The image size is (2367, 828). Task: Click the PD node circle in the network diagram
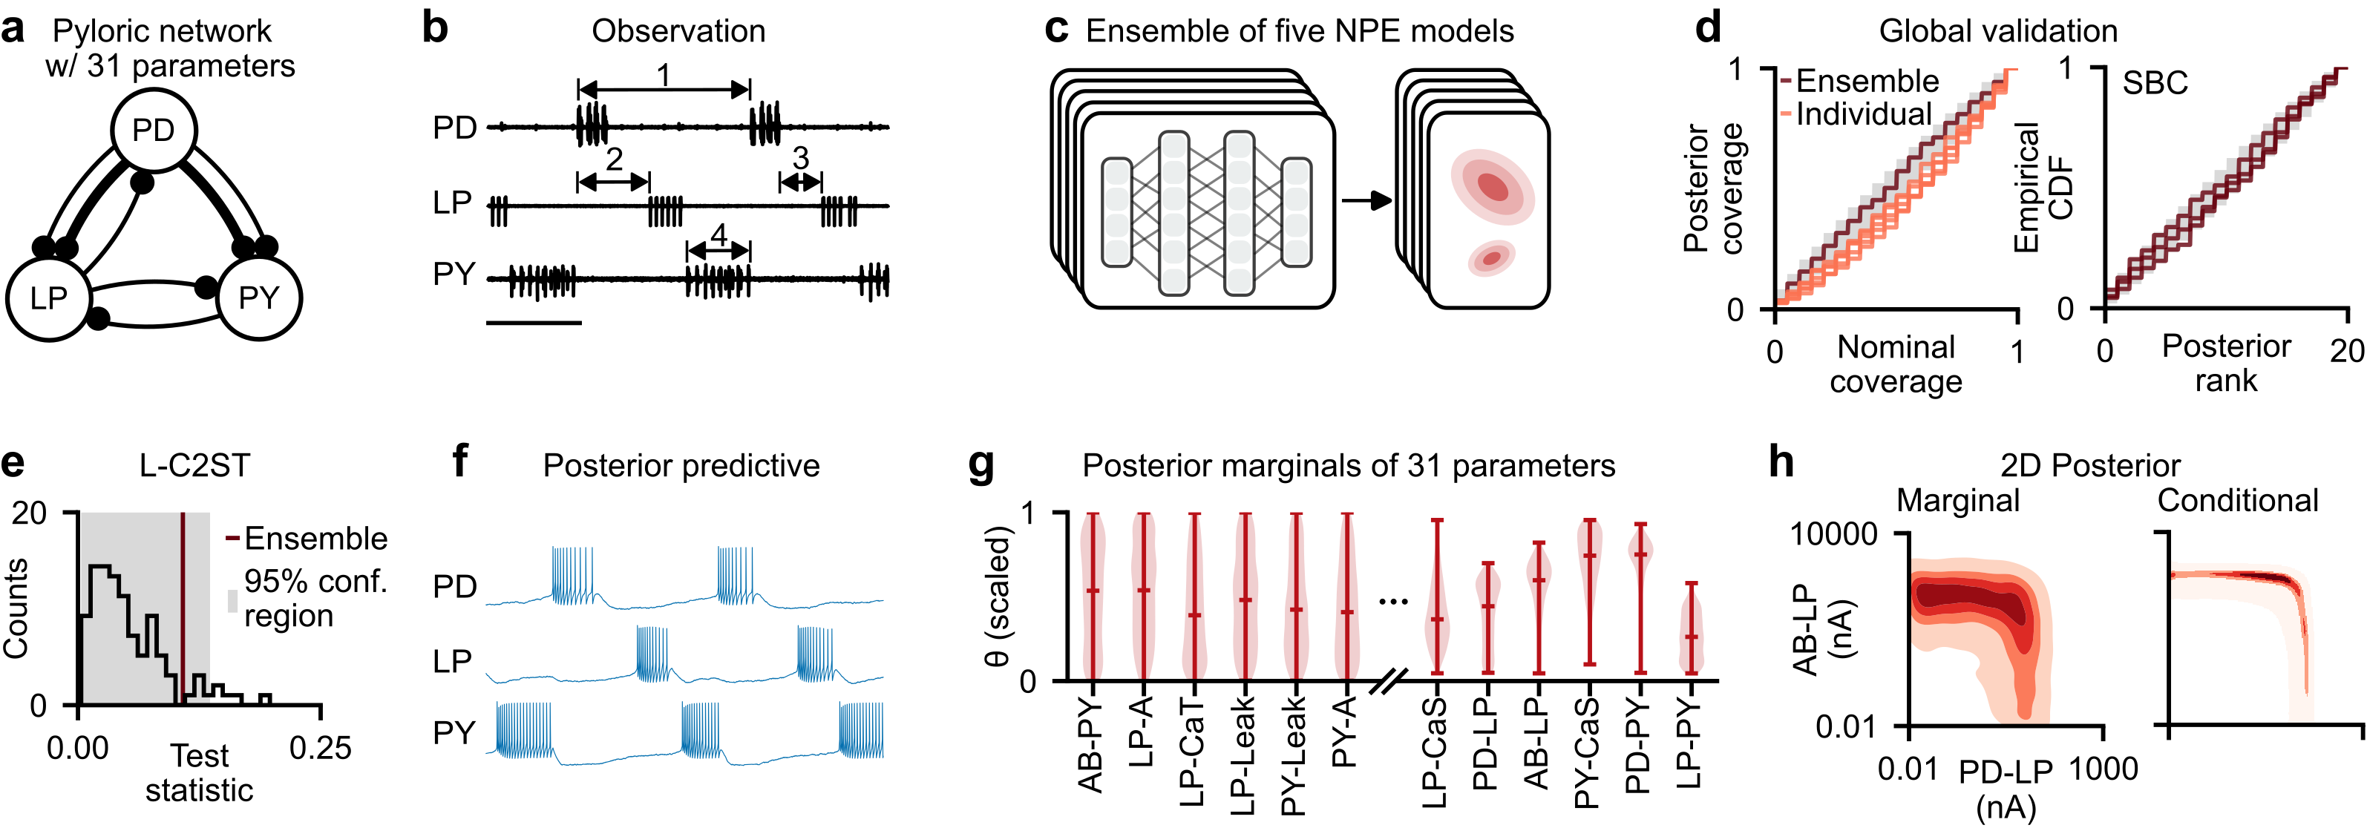[154, 131]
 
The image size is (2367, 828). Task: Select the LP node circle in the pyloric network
[49, 298]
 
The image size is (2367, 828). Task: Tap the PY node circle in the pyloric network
[259, 298]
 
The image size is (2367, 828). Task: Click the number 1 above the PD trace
[664, 74]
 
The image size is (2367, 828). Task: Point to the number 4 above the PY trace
[718, 235]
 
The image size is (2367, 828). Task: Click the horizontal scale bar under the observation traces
[533, 323]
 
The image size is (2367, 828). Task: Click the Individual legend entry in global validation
[1862, 115]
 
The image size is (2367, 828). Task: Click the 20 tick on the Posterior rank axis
[2347, 350]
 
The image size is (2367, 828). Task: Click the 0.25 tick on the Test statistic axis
[320, 748]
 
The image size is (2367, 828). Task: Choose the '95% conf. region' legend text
[315, 598]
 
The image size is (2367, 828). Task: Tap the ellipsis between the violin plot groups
[1393, 602]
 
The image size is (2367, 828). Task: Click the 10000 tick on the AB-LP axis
[1833, 533]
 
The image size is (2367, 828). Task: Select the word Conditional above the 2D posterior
[2237, 501]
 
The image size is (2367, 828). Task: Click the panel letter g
[980, 465]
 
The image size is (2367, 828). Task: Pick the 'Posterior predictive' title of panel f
[681, 466]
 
